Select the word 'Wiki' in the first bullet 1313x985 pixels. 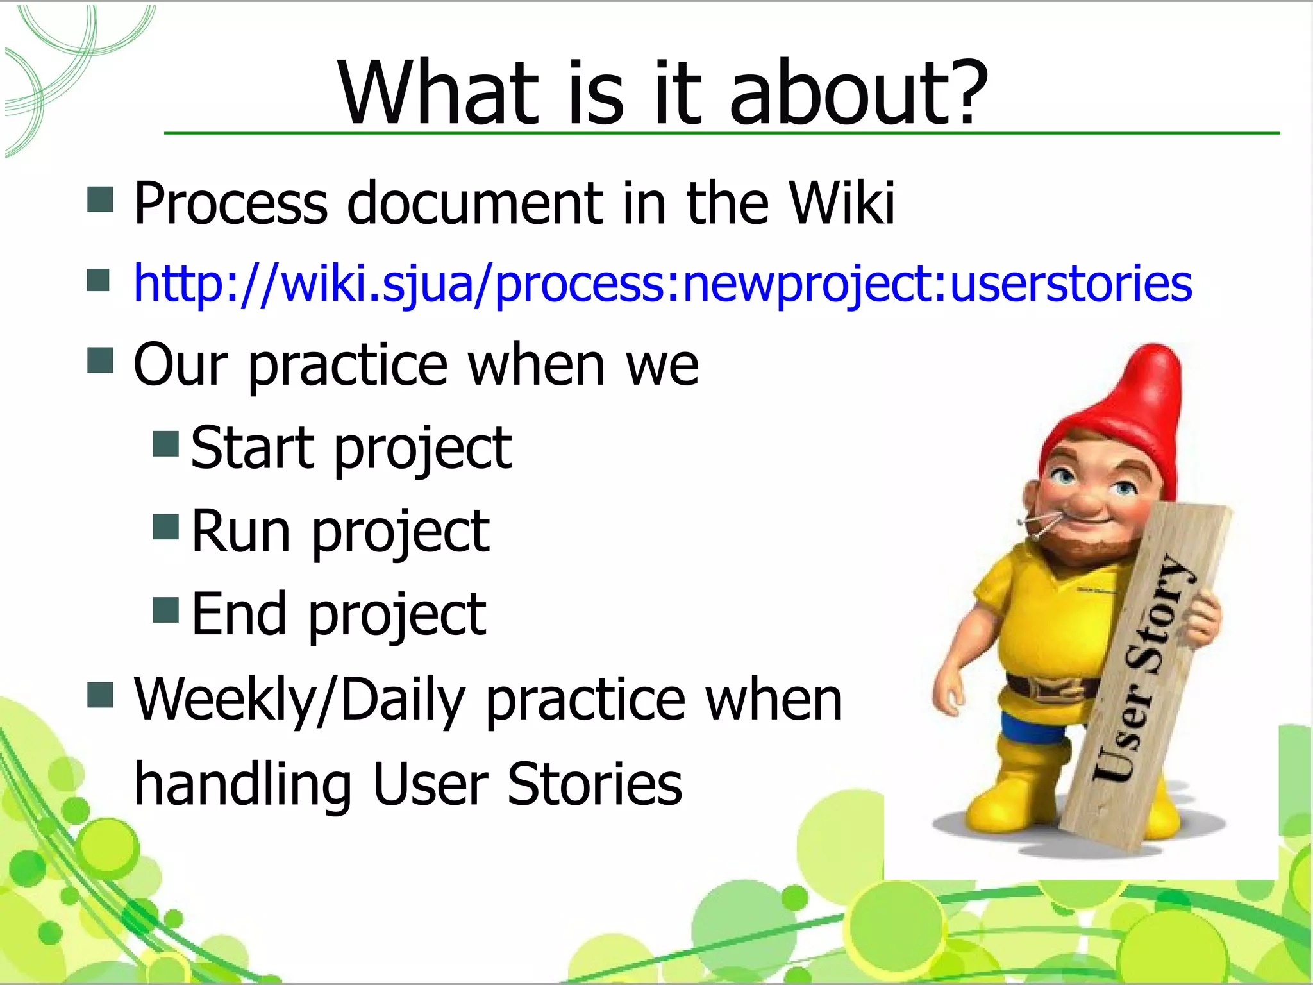click(x=842, y=203)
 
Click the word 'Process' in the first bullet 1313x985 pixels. click(x=231, y=203)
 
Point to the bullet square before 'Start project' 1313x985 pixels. click(x=166, y=443)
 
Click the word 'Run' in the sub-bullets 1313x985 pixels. click(x=241, y=530)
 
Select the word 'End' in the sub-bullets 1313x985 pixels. click(x=239, y=614)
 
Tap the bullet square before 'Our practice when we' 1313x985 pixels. click(x=100, y=360)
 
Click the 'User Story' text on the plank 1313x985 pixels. click(x=1144, y=667)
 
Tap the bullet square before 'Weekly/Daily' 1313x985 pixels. click(x=100, y=695)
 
